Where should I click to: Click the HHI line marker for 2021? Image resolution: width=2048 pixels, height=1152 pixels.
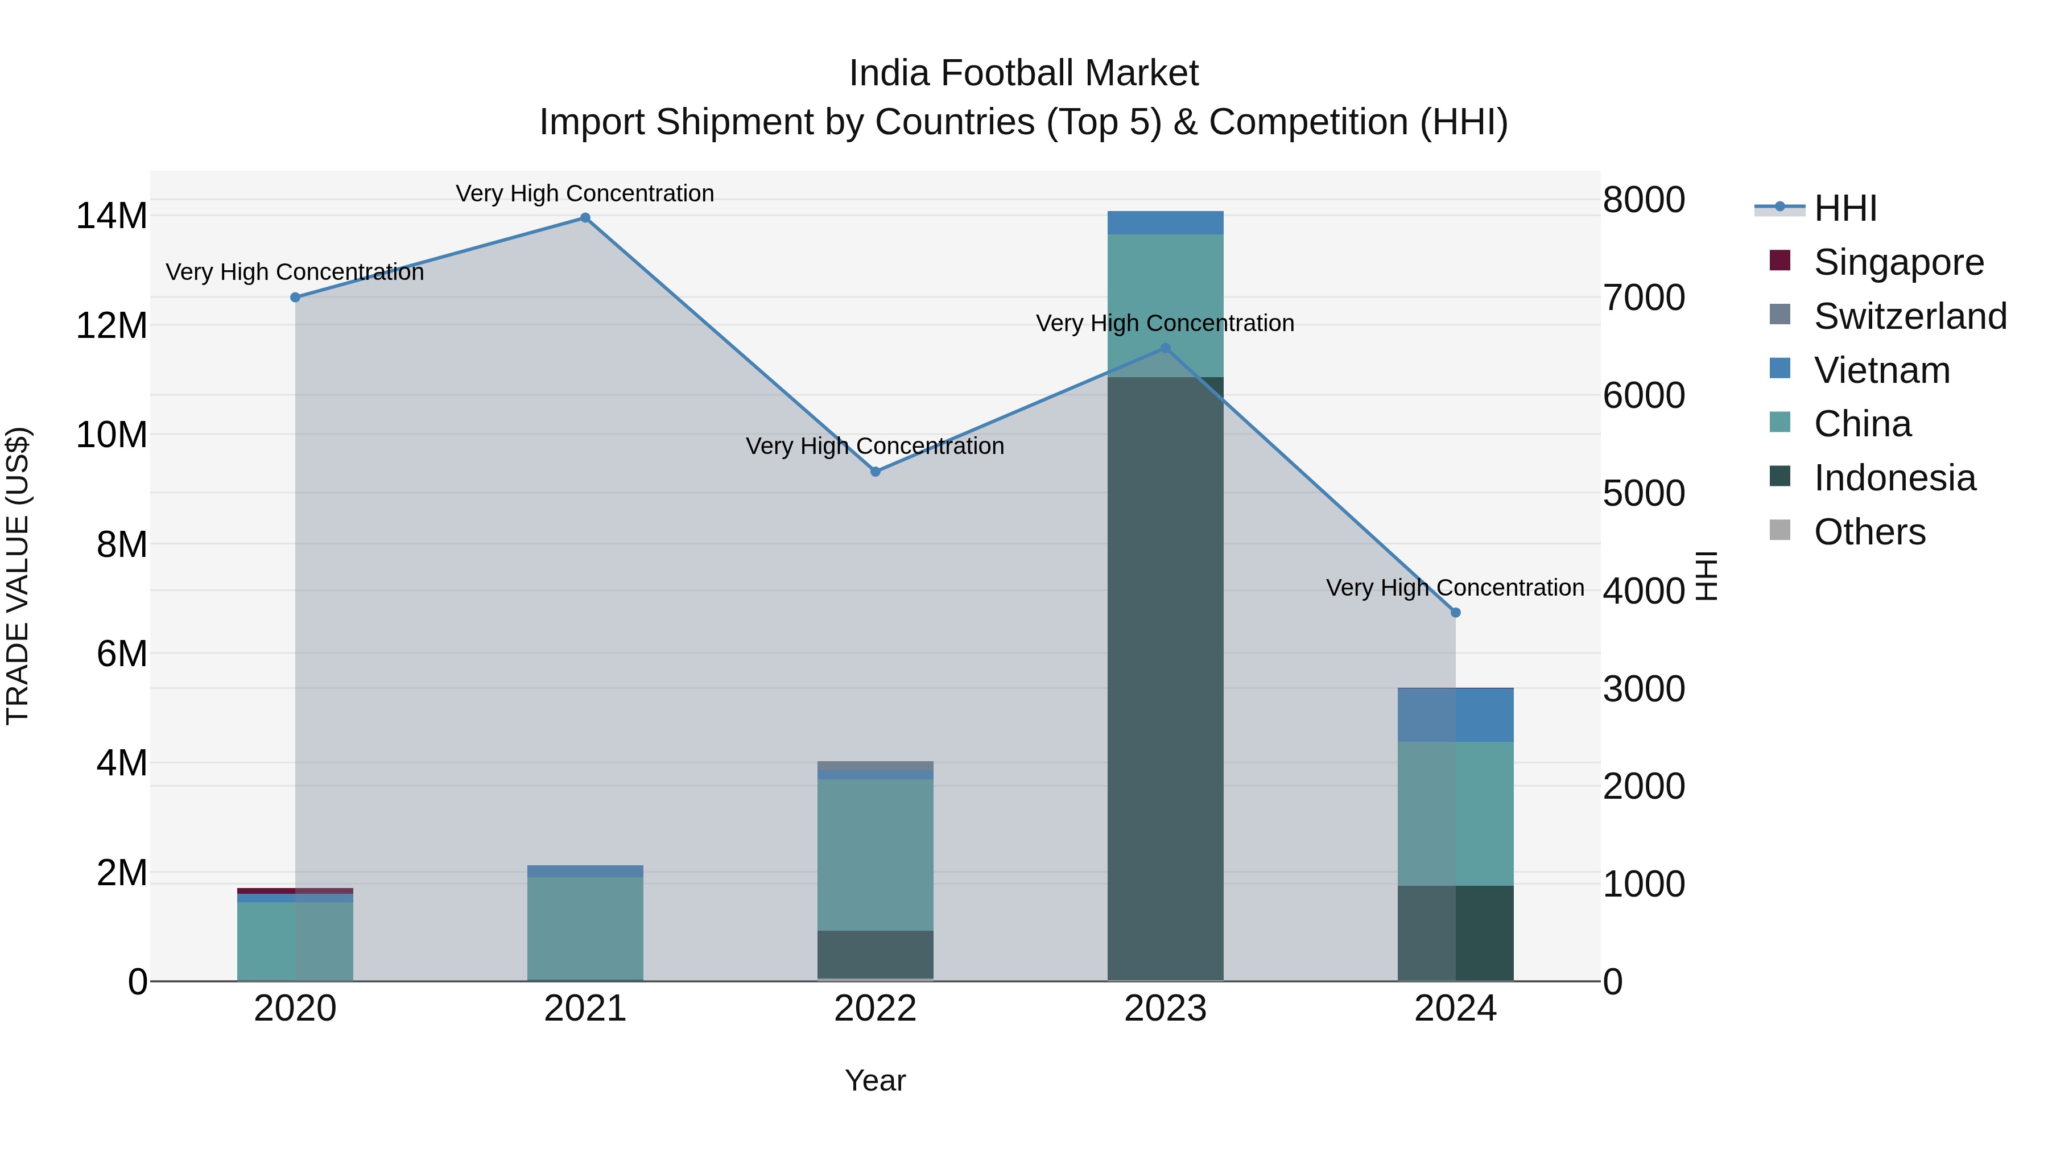(585, 218)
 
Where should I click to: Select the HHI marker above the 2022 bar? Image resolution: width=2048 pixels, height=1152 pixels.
(876, 472)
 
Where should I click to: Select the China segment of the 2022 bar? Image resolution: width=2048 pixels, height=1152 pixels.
(876, 854)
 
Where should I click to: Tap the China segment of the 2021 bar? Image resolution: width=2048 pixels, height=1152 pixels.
(585, 928)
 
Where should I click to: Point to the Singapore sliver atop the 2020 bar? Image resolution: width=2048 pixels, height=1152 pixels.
(295, 890)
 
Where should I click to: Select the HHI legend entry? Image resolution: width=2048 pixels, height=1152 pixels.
(1844, 208)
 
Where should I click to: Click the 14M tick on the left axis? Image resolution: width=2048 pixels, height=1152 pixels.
(112, 216)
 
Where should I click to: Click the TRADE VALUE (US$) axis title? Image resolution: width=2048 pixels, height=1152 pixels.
(18, 576)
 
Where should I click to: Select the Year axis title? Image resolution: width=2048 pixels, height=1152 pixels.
(876, 1080)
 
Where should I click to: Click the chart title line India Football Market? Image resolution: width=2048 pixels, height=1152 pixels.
(1023, 73)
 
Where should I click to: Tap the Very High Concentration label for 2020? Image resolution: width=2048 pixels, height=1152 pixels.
(295, 272)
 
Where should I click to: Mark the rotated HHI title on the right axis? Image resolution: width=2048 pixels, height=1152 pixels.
(1707, 576)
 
